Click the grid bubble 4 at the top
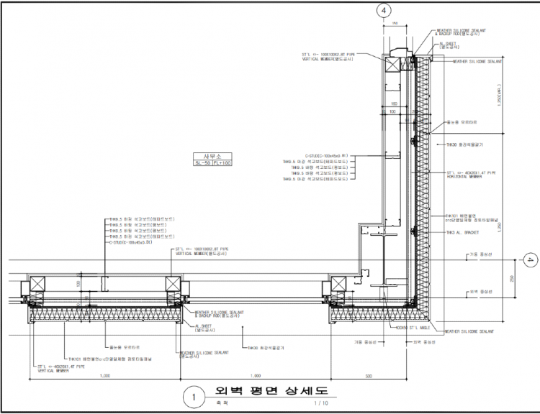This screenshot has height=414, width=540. (384, 10)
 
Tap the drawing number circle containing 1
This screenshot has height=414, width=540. (192, 396)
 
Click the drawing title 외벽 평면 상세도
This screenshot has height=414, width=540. (266, 392)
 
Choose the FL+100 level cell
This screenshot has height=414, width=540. (217, 163)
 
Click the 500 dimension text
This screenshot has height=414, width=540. (369, 375)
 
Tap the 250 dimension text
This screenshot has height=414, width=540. (512, 279)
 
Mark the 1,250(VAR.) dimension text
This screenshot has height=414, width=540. (500, 98)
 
